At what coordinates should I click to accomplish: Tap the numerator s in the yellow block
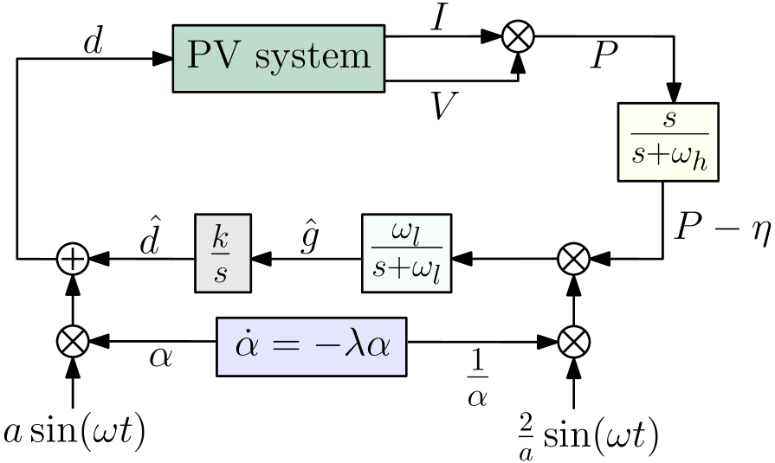pyautogui.click(x=668, y=119)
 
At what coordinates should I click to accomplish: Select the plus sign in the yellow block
pyautogui.click(x=657, y=156)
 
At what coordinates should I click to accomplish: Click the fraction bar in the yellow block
pyautogui.click(x=668, y=134)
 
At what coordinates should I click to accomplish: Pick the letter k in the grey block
pyautogui.click(x=222, y=236)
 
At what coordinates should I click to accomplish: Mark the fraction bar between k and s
pyautogui.click(x=222, y=254)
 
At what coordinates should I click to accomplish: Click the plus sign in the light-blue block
pyautogui.click(x=397, y=267)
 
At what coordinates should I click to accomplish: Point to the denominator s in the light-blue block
pyautogui.click(x=379, y=267)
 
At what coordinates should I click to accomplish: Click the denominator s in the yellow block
pyautogui.click(x=639, y=156)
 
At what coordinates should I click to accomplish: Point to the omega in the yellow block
pyautogui.click(x=681, y=156)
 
